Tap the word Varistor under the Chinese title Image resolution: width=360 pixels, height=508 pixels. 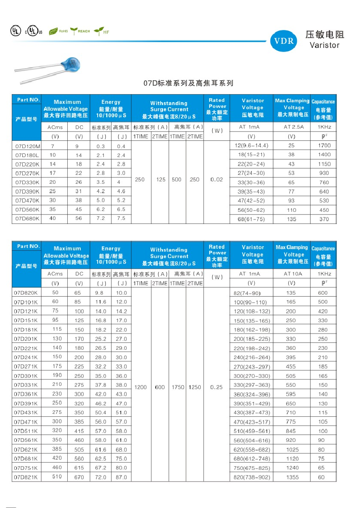324,45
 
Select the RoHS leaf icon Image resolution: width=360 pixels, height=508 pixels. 54,32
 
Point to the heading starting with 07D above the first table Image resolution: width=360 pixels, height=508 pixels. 189,84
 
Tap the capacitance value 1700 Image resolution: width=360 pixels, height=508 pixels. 324,145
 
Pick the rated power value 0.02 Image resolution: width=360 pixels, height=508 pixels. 216,179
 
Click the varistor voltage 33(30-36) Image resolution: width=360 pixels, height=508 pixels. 251,183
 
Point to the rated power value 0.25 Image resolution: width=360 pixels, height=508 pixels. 216,387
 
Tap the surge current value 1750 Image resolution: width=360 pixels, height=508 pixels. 177,387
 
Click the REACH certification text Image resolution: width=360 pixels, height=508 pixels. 84,31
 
